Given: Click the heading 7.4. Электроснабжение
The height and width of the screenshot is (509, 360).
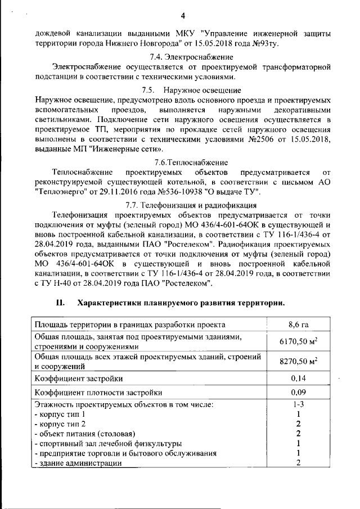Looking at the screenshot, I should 191,57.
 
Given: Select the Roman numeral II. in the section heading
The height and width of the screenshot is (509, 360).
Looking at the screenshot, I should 60,303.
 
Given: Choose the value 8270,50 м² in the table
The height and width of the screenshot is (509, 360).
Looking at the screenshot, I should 298,362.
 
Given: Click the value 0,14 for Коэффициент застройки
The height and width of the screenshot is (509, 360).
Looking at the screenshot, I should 298,379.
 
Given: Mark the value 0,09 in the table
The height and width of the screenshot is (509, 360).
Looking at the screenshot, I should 298,392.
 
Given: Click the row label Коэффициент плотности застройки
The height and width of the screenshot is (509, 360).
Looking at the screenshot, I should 99,392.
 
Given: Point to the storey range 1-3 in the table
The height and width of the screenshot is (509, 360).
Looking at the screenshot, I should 298,404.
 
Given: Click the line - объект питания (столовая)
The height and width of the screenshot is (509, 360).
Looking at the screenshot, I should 85,434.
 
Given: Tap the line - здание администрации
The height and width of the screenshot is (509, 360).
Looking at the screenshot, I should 78,463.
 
